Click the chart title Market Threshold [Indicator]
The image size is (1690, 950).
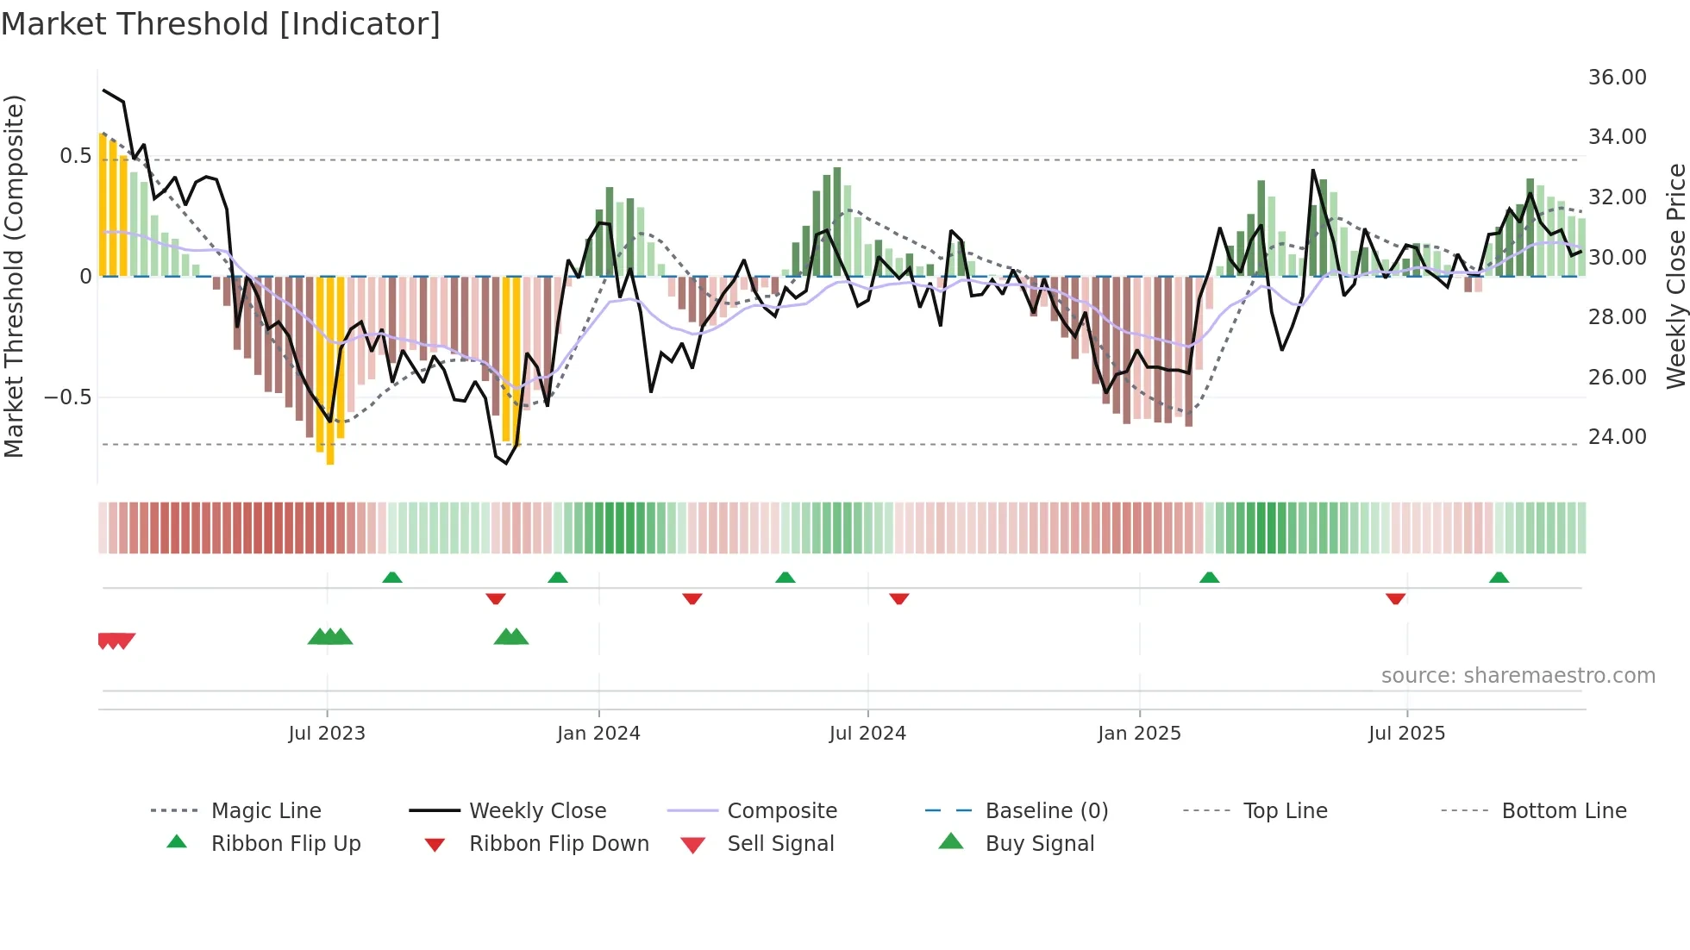click(x=221, y=24)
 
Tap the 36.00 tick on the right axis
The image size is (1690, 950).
click(x=1617, y=78)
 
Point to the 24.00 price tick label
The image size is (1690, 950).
click(x=1617, y=437)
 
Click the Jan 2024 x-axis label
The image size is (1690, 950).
click(x=598, y=734)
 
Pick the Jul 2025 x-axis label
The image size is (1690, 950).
click(x=1406, y=734)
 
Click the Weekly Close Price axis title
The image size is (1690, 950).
click(x=1675, y=276)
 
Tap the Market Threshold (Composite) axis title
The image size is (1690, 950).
click(x=14, y=276)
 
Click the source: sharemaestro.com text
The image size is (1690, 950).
click(x=1518, y=676)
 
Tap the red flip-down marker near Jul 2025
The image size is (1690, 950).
click(x=1395, y=598)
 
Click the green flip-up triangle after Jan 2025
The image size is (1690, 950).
click(x=1209, y=578)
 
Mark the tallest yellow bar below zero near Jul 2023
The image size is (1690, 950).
click(x=330, y=371)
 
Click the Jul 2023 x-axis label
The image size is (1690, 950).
click(x=327, y=734)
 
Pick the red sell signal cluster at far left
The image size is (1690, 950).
click(x=116, y=641)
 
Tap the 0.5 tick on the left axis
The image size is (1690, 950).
click(x=75, y=156)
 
